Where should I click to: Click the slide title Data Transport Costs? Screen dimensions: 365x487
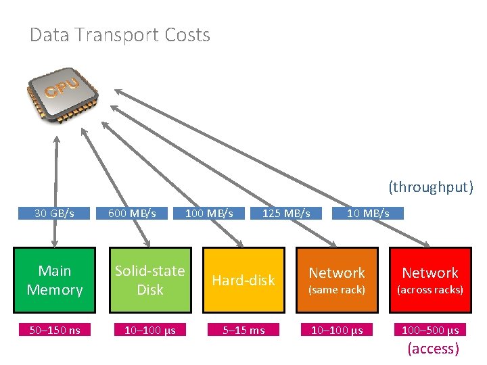tap(120, 35)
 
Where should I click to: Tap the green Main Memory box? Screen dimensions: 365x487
tap(55, 281)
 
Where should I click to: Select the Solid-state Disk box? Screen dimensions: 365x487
tap(149, 281)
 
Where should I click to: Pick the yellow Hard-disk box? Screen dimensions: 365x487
tap(243, 281)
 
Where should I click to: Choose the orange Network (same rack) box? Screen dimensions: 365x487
tap(337, 281)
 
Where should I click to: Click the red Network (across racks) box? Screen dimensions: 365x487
tap(430, 281)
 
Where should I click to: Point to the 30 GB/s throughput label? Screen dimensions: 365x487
tap(55, 213)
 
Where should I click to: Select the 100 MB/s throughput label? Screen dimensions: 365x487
tap(209, 213)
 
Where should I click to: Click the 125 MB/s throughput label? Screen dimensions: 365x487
tap(286, 213)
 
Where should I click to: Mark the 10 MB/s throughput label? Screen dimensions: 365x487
tap(368, 213)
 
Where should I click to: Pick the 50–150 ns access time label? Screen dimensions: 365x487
tap(55, 330)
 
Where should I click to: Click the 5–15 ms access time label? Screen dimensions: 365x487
tap(243, 330)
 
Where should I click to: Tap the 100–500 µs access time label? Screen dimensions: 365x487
tap(430, 330)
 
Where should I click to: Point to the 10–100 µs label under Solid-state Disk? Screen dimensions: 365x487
tap(149, 330)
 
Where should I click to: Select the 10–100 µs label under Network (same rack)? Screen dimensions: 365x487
tap(337, 330)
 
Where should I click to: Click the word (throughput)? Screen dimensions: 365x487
tap(431, 187)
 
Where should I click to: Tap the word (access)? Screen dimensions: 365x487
tap(432, 349)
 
